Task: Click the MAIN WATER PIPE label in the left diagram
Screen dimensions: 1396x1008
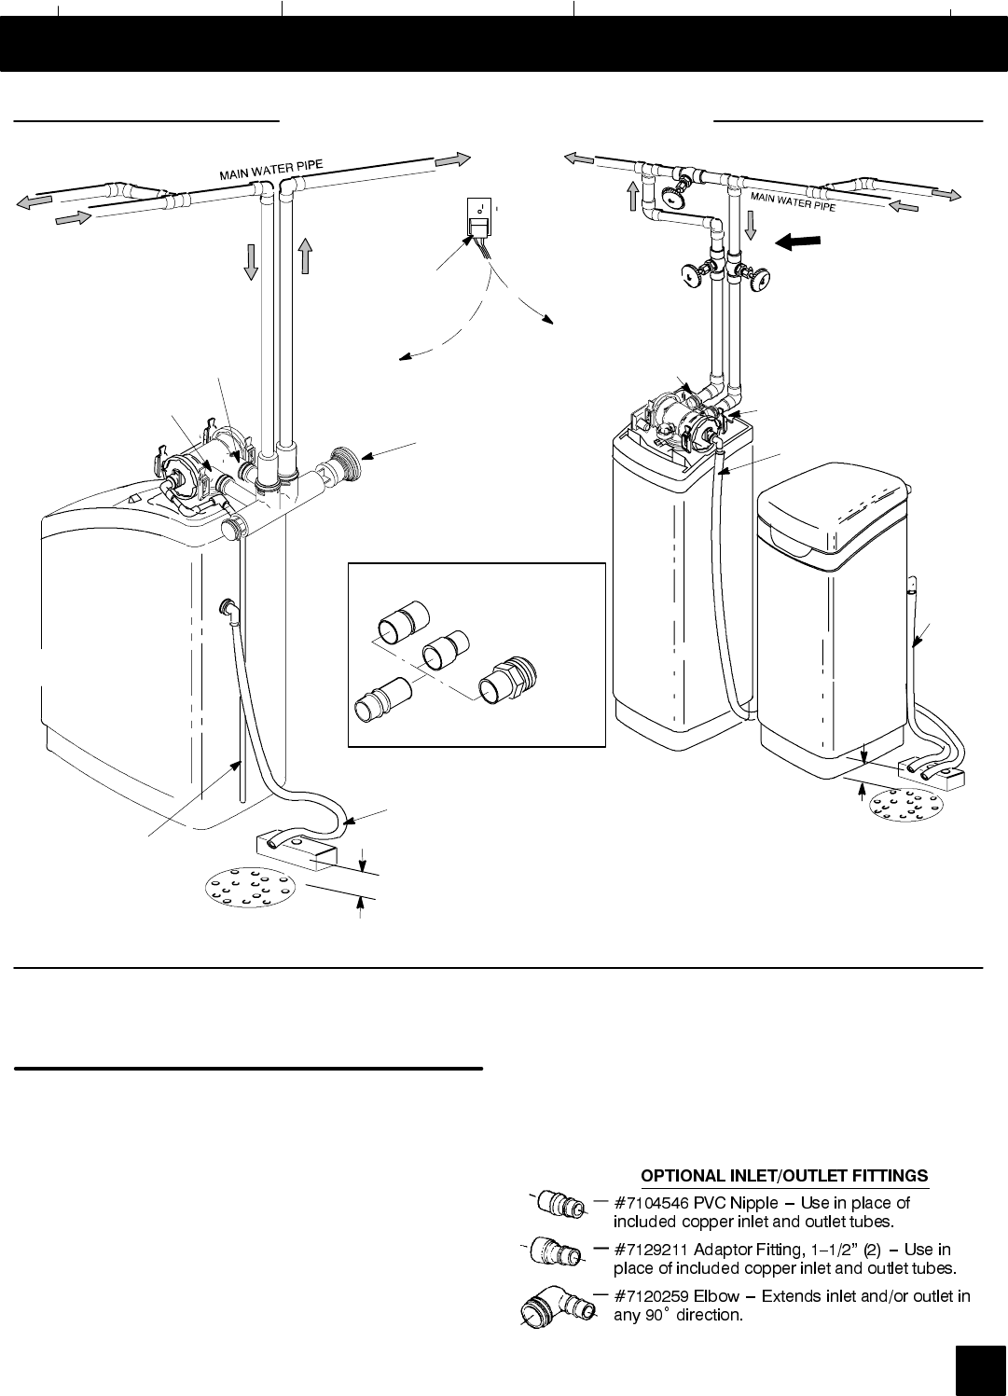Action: [271, 169]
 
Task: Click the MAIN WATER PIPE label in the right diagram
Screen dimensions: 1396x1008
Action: [793, 200]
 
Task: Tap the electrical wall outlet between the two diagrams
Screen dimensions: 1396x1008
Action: [479, 217]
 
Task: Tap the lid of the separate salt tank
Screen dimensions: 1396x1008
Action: [833, 507]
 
